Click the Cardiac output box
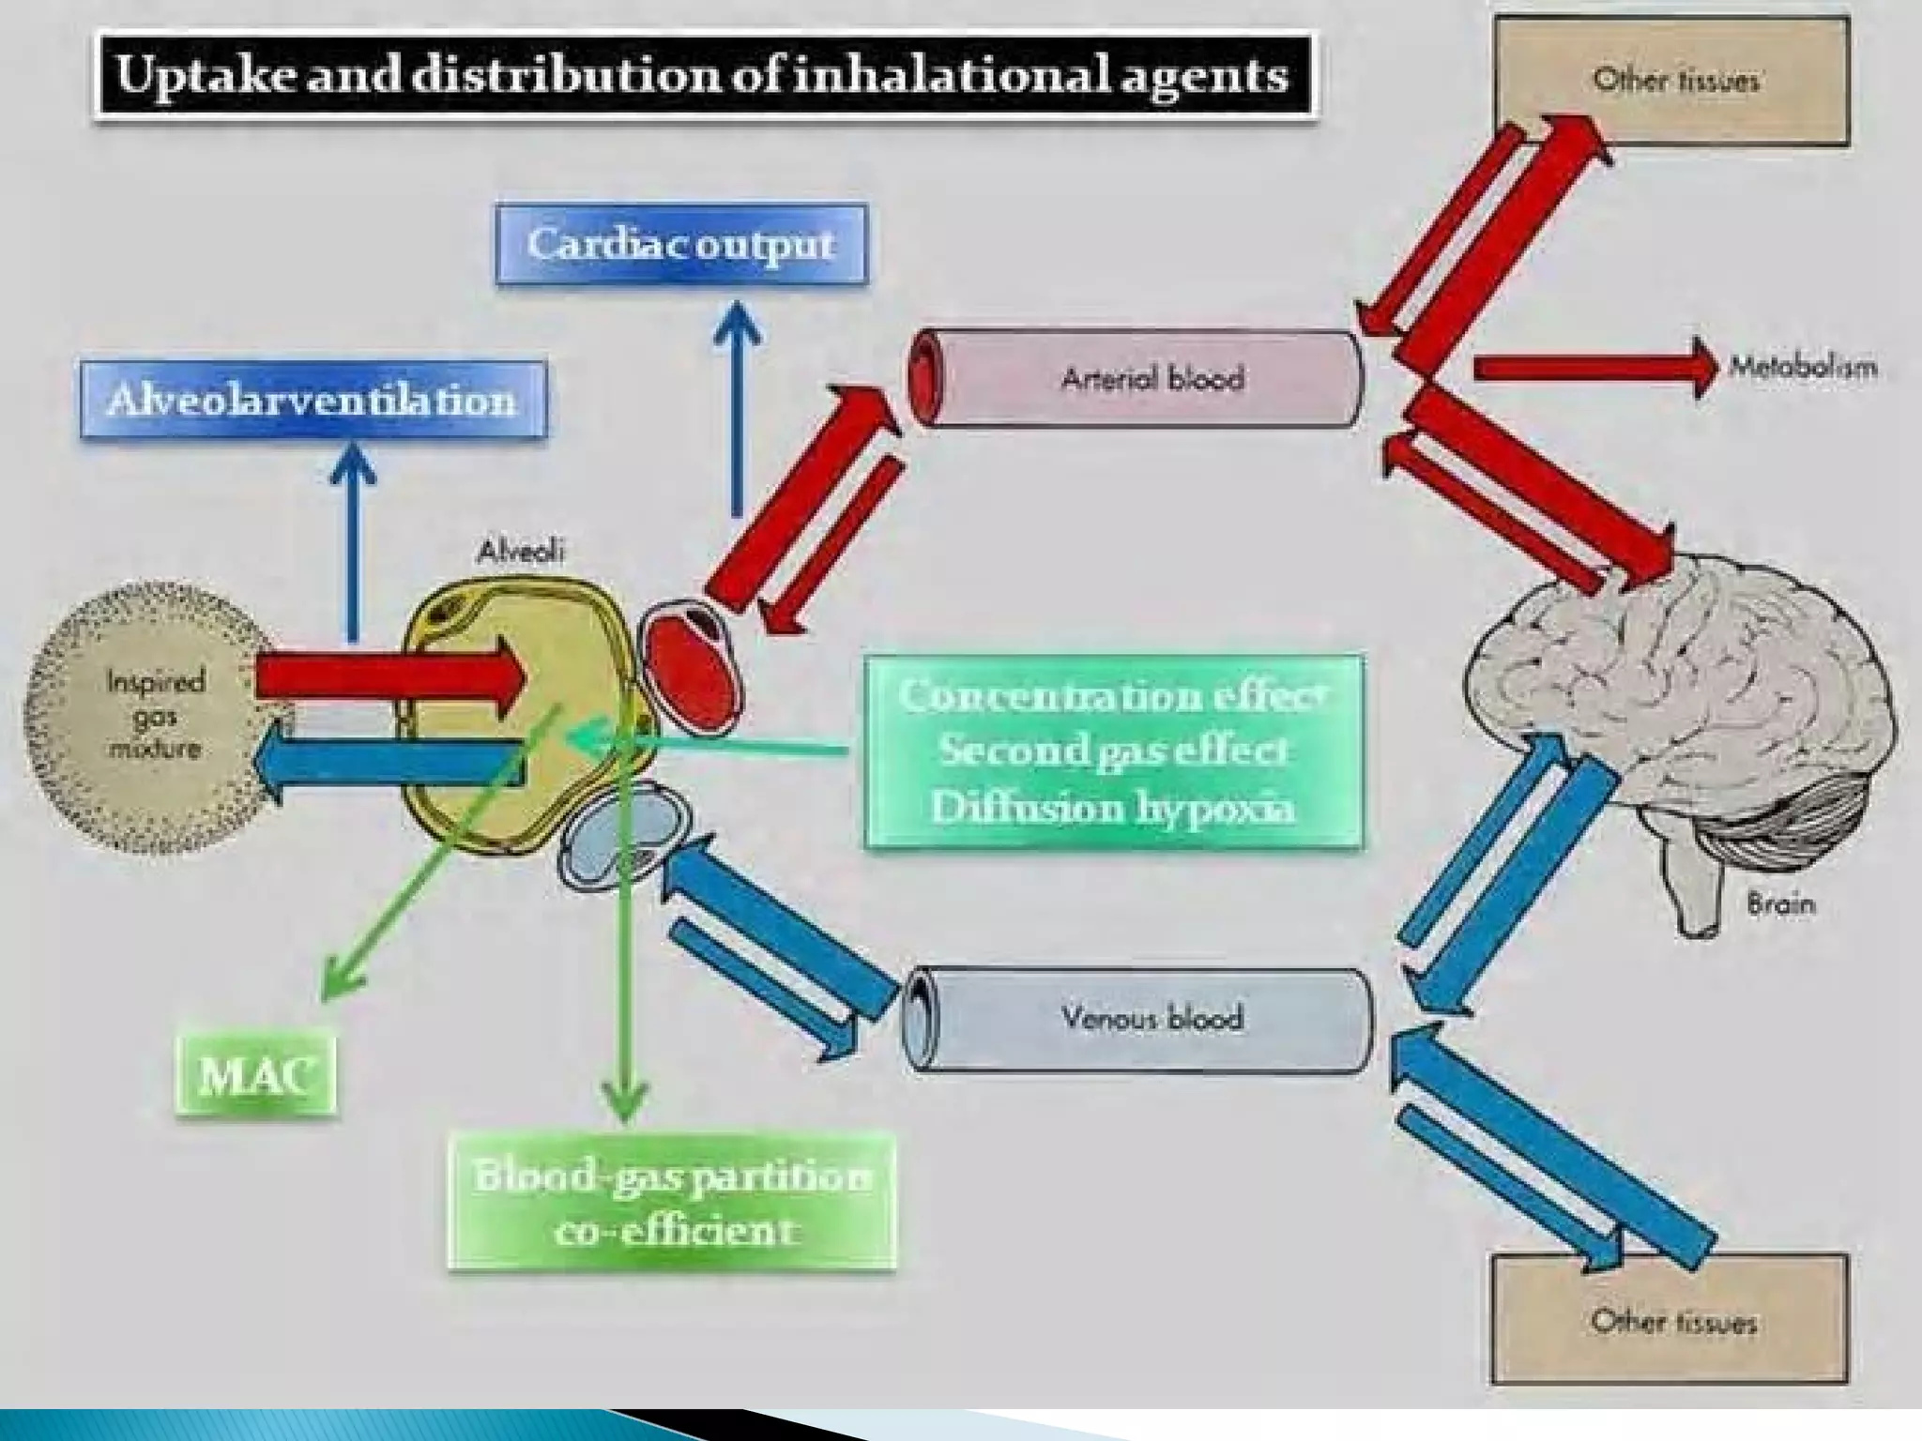(x=681, y=244)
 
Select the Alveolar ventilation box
(x=313, y=401)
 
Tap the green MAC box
(x=255, y=1073)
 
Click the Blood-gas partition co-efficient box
(x=672, y=1202)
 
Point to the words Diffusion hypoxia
(x=1113, y=808)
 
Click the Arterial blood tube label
(x=1152, y=379)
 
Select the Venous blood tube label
(x=1152, y=1018)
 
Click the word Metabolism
(x=1803, y=367)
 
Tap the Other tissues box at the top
(x=1672, y=80)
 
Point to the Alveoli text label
(x=521, y=552)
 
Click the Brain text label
(x=1780, y=904)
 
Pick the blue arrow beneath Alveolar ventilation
(x=353, y=544)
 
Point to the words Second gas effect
(x=1113, y=751)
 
